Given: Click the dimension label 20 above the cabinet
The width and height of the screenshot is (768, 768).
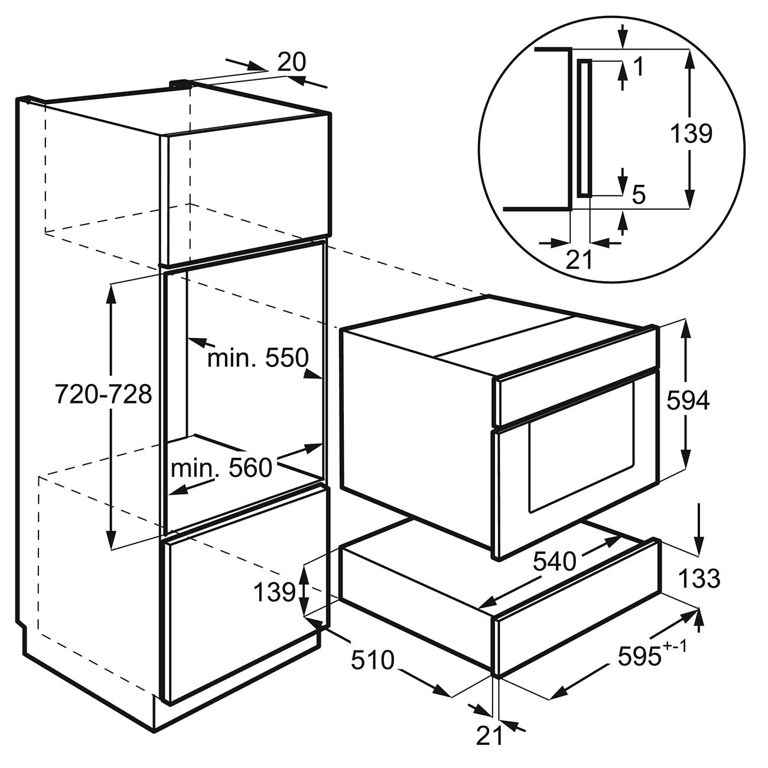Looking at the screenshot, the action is pyautogui.click(x=291, y=62).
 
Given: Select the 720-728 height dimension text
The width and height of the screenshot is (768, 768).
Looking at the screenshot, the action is pyautogui.click(x=103, y=395).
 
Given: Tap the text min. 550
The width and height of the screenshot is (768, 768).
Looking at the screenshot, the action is pyautogui.click(x=258, y=357).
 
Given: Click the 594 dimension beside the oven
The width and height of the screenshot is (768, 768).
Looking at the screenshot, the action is pyautogui.click(x=688, y=401).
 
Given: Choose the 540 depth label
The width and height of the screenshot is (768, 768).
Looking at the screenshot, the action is pyautogui.click(x=555, y=562).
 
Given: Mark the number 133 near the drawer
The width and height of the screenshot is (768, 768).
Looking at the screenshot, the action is pyautogui.click(x=699, y=579).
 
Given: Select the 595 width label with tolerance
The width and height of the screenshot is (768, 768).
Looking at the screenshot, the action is pyautogui.click(x=652, y=653).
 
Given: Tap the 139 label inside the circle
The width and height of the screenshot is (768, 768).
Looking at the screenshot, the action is pyautogui.click(x=691, y=134).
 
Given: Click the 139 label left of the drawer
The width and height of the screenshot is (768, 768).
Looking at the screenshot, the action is pyautogui.click(x=275, y=592).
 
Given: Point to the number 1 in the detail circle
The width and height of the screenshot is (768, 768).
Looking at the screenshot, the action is pyautogui.click(x=639, y=66).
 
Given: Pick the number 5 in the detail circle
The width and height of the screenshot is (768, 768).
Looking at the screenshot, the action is pyautogui.click(x=639, y=196).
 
